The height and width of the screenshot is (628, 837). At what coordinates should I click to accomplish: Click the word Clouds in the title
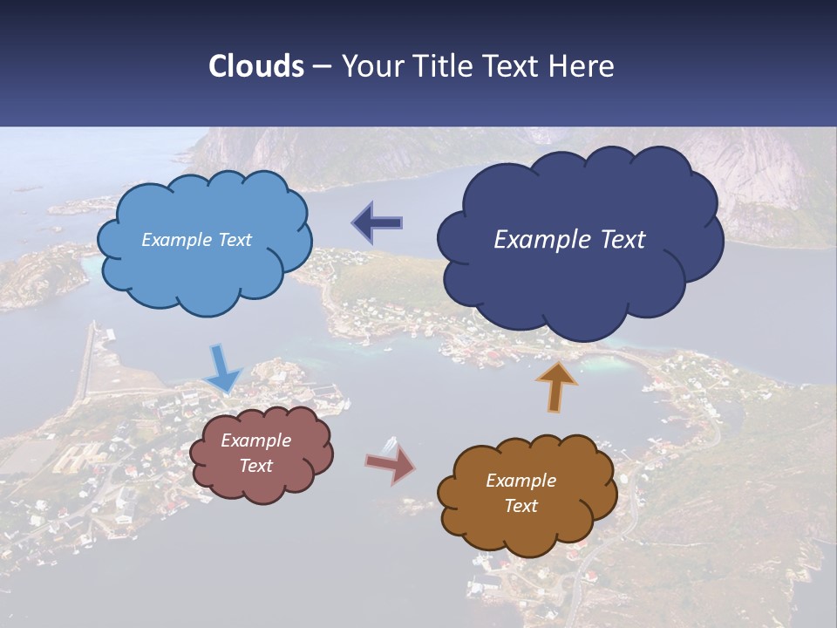click(x=256, y=66)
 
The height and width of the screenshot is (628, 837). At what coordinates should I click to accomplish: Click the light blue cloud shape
click(x=205, y=262)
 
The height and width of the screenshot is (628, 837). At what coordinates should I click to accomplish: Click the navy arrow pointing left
click(x=378, y=223)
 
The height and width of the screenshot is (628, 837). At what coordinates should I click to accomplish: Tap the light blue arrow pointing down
click(x=222, y=368)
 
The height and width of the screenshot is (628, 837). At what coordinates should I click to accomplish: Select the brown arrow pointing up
click(x=556, y=386)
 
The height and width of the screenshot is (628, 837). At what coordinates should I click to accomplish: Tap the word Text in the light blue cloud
click(x=234, y=240)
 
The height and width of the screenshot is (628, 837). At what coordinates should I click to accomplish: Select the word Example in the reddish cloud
click(x=256, y=440)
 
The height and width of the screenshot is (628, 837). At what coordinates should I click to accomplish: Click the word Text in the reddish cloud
click(x=256, y=466)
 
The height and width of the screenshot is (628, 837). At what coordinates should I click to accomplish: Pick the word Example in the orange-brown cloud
click(x=521, y=481)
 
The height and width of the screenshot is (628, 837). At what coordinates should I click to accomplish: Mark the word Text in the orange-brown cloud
click(x=521, y=506)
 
